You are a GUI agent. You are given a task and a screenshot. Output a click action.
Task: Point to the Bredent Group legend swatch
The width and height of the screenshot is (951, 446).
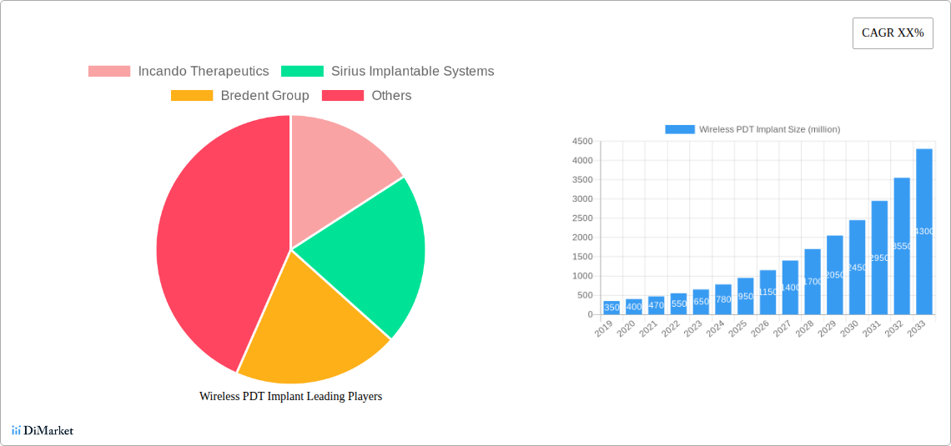192,96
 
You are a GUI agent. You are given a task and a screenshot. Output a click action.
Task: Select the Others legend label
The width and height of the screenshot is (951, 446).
391,96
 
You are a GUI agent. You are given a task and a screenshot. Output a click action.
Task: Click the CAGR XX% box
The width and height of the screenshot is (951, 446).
893,33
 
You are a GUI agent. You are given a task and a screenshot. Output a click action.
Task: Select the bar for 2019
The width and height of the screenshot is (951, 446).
611,308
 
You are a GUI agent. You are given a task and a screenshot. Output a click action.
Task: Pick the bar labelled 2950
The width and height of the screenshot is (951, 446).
879,258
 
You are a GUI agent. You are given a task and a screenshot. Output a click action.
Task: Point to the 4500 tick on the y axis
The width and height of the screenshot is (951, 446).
581,142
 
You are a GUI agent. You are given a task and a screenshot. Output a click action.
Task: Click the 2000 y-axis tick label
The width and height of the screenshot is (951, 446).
581,238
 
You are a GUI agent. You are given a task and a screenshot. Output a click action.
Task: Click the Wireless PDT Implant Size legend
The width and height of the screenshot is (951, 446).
752,129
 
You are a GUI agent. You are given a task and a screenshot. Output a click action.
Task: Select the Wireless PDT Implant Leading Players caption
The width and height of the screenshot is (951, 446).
290,397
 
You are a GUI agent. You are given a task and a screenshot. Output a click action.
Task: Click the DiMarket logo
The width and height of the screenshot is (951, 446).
43,431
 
